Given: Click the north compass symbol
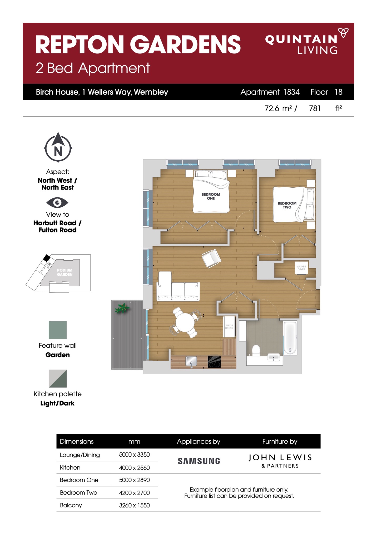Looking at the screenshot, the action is [58, 148].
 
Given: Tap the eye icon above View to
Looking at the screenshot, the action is [57, 202].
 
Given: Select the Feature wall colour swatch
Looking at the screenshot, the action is [58, 330].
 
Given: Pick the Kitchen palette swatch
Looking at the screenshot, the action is [58, 378].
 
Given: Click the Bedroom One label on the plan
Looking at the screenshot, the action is [211, 196].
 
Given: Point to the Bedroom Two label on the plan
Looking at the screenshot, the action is [287, 205].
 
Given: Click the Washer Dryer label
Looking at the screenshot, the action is [301, 268].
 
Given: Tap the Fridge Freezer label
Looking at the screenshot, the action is [229, 327].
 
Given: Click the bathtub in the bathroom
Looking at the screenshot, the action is [290, 338].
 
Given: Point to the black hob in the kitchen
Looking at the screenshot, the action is [214, 362].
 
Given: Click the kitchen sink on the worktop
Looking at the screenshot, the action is [191, 361].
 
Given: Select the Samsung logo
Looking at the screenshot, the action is [199, 461].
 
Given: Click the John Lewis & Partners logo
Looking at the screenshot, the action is [280, 461].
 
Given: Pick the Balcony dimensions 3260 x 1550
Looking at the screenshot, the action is [134, 505].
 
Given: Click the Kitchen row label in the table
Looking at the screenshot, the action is [70, 467].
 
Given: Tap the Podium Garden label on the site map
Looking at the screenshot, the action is [65, 272].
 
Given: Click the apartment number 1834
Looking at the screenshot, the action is [291, 92].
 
